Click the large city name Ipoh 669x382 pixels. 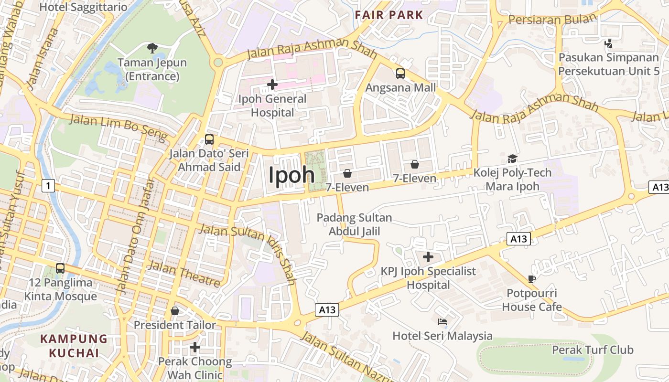tap(291, 175)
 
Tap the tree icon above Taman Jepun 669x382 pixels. tap(152, 48)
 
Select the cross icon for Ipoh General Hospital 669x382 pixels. tap(272, 85)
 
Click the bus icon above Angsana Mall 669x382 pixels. tap(400, 74)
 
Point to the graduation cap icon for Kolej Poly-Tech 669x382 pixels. tap(512, 159)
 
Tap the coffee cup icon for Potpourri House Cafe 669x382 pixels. tap(532, 279)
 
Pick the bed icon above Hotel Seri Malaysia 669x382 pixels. tap(442, 322)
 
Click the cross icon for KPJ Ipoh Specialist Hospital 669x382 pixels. tap(428, 257)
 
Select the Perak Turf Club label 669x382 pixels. tap(593, 350)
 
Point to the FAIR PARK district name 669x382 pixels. tap(389, 15)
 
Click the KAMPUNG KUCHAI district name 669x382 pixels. tap(74, 346)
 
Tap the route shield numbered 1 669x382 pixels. tap(48, 185)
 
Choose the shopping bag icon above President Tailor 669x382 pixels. tap(175, 311)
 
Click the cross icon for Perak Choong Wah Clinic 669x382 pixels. tap(194, 347)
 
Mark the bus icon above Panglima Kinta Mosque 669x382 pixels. tap(60, 268)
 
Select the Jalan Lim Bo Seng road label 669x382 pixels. tap(119, 128)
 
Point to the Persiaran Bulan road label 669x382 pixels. tap(553, 19)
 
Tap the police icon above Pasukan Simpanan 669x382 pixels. tap(608, 43)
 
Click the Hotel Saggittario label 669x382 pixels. tap(83, 7)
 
